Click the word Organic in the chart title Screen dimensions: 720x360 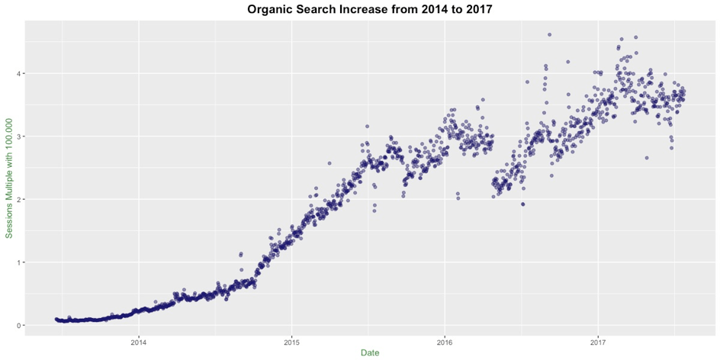click(269, 9)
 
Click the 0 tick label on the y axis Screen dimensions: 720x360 click(18, 325)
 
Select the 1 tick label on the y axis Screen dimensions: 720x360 click(18, 262)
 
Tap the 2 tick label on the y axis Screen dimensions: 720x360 click(18, 199)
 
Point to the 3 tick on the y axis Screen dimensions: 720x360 click(18, 137)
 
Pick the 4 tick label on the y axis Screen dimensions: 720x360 click(18, 73)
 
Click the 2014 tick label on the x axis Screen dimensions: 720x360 click(138, 342)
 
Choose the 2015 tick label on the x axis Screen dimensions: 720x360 click(291, 342)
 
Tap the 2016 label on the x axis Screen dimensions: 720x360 click(445, 342)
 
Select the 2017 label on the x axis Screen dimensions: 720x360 click(598, 342)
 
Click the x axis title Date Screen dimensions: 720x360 click(370, 353)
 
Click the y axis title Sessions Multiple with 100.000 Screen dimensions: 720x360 click(8, 178)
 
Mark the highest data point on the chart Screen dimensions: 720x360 click(549, 34)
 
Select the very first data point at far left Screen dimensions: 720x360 click(56, 319)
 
